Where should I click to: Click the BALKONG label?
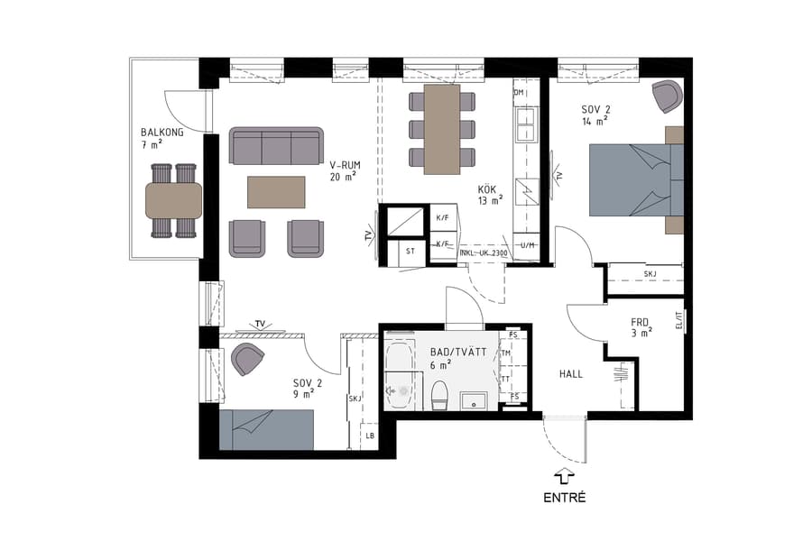point(162,132)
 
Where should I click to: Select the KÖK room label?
point(488,189)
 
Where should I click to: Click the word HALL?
point(571,373)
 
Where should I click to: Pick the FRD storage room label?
point(641,321)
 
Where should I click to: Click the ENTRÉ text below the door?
point(565,497)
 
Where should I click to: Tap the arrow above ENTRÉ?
point(565,475)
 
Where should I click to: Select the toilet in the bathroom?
point(440,394)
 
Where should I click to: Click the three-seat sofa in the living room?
point(276,145)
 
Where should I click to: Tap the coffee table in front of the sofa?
point(276,191)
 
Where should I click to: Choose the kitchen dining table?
point(442,127)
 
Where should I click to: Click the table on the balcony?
point(173,200)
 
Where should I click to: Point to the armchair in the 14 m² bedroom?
point(667,96)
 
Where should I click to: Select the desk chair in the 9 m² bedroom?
point(247,358)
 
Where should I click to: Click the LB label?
point(369,436)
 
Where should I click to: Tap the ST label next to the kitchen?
point(411,252)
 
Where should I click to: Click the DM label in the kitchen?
point(519,93)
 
